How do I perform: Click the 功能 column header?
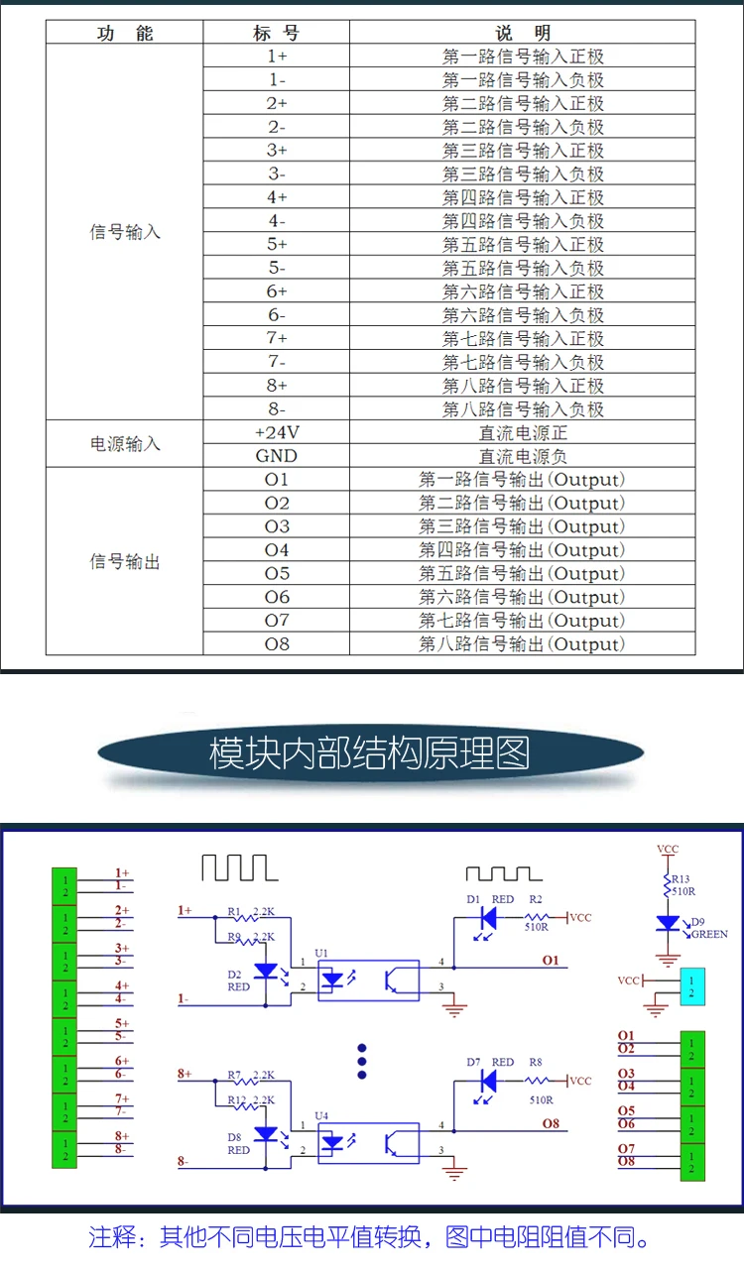[125, 34]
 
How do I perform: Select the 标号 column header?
[276, 34]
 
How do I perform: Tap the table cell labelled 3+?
[276, 151]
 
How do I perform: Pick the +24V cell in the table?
[276, 433]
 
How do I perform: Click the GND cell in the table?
[276, 456]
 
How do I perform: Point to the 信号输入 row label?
[125, 233]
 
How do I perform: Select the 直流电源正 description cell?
[523, 433]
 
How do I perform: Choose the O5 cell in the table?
[277, 574]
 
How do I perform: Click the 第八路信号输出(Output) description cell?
[523, 644]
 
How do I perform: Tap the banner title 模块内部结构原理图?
[369, 753]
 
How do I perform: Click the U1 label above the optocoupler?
[321, 953]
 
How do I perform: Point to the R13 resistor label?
[680, 878]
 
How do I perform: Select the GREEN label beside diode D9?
[709, 934]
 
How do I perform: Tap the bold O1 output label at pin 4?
[551, 960]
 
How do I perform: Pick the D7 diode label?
[473, 1062]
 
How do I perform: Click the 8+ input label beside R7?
[185, 1074]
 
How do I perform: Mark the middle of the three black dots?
[362, 1061]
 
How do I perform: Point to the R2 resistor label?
[535, 899]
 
